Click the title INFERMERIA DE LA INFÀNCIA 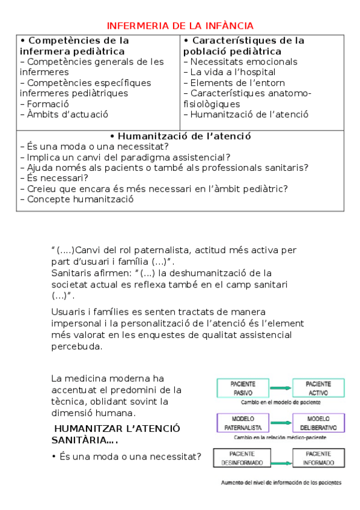pyautogui.click(x=180, y=25)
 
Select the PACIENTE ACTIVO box pyautogui.click(x=318, y=388)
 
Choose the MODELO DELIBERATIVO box pyautogui.click(x=318, y=422)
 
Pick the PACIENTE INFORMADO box pyautogui.click(x=318, y=458)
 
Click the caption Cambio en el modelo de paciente pyautogui.click(x=281, y=402)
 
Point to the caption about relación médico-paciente pyautogui.click(x=281, y=437)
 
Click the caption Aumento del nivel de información pyautogui.click(x=280, y=482)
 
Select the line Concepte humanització pyautogui.click(x=76, y=199)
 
